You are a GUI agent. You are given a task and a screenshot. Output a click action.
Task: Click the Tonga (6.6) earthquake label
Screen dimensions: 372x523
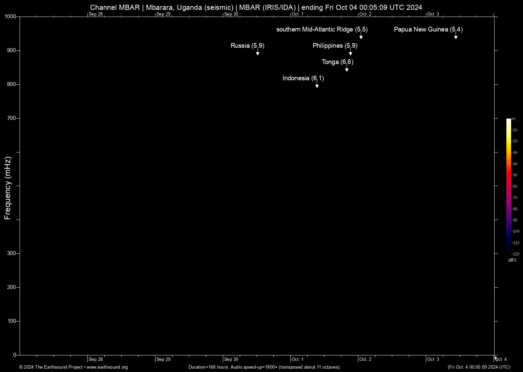337,62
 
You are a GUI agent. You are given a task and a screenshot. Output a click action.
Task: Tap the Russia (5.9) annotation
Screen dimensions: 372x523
247,46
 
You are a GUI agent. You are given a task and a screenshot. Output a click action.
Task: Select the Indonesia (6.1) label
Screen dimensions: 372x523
303,78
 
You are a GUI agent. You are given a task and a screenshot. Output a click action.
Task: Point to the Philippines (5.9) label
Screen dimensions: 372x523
335,46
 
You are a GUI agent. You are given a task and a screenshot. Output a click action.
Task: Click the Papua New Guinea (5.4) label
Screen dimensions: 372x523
428,29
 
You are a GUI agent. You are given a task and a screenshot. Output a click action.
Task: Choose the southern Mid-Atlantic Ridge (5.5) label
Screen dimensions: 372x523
322,29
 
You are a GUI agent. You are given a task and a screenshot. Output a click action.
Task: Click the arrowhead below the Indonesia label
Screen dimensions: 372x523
317,86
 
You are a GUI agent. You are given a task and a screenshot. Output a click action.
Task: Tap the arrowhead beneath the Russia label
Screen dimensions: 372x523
258,54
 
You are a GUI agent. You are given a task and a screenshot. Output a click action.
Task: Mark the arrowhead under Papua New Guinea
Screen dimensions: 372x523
456,37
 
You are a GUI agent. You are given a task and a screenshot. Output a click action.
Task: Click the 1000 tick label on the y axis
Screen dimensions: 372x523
11,17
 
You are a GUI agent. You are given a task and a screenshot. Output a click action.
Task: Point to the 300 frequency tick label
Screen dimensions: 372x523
12,253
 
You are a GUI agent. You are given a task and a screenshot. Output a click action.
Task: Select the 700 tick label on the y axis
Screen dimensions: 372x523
12,118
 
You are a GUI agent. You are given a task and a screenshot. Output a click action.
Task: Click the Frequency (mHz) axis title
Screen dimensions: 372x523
8,188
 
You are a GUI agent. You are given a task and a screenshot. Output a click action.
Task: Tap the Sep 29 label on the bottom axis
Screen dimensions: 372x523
164,359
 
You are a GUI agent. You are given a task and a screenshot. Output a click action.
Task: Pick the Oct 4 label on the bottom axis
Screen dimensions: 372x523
501,359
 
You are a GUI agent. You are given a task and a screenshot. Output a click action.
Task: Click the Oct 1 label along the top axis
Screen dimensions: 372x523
298,14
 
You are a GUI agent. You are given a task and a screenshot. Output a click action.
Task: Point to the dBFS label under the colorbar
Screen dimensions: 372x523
512,260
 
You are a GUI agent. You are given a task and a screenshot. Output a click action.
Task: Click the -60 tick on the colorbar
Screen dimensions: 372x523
515,186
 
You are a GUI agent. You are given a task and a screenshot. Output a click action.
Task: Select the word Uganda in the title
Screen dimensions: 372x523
190,7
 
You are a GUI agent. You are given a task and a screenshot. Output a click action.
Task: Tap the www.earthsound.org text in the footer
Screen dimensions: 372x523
107,367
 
